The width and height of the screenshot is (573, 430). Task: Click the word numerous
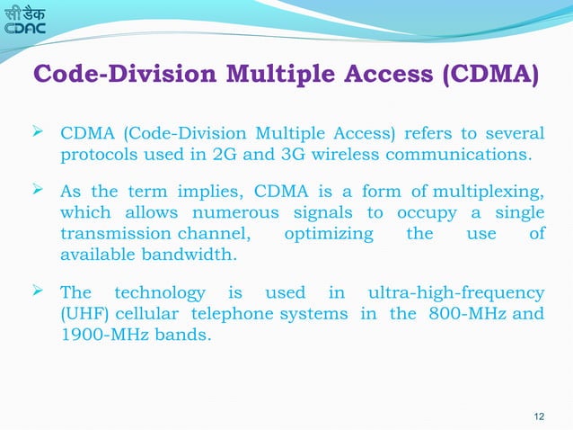tap(244, 213)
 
